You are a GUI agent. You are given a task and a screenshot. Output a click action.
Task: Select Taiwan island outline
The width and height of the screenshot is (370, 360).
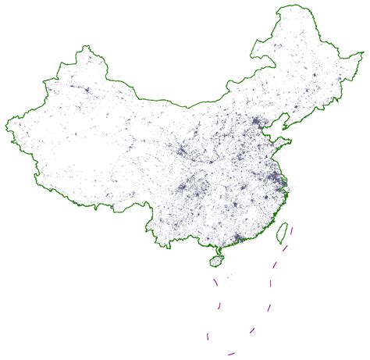[284, 232]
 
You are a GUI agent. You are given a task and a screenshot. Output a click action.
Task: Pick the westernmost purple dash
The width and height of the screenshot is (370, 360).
[208, 336]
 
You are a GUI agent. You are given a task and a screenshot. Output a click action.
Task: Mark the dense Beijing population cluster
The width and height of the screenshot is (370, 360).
[257, 122]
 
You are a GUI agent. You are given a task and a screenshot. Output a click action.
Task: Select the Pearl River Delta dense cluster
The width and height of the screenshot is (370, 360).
[238, 235]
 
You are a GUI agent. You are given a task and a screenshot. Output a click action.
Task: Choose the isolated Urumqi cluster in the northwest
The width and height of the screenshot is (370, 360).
[86, 91]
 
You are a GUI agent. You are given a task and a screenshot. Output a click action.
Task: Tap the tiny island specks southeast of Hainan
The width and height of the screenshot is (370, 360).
[229, 276]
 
